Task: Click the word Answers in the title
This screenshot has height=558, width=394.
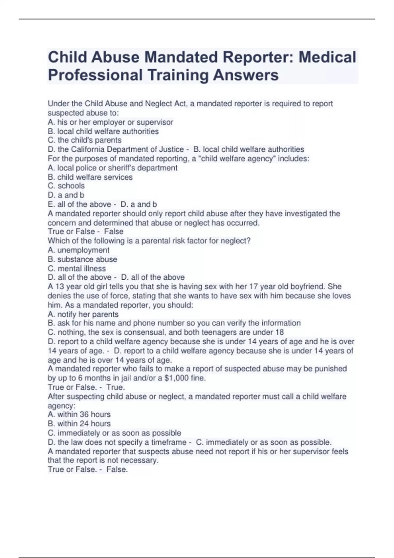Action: click(246, 75)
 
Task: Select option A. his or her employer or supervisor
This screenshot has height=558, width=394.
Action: click(110, 122)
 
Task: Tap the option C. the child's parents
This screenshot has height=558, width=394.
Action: click(84, 140)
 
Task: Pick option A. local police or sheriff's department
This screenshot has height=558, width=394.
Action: click(112, 168)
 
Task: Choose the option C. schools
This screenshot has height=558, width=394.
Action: click(66, 186)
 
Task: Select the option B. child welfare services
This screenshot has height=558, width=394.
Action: click(90, 177)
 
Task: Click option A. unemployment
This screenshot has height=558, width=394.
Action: click(78, 250)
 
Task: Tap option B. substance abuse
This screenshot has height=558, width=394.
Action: click(82, 259)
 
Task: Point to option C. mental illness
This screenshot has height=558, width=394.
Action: click(77, 268)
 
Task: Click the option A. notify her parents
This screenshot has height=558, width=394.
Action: click(83, 314)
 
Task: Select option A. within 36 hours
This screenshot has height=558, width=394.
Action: click(79, 414)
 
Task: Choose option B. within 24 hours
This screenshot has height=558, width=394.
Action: click(79, 423)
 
